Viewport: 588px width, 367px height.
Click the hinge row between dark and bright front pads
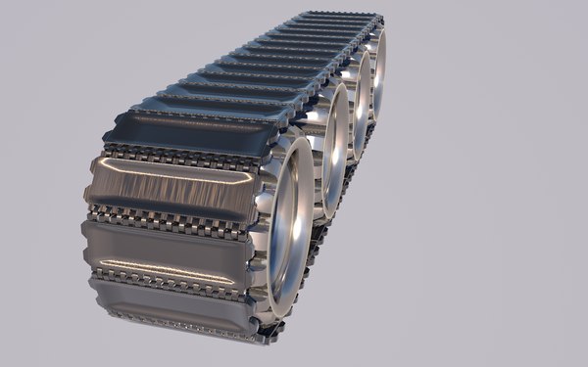click(x=181, y=156)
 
